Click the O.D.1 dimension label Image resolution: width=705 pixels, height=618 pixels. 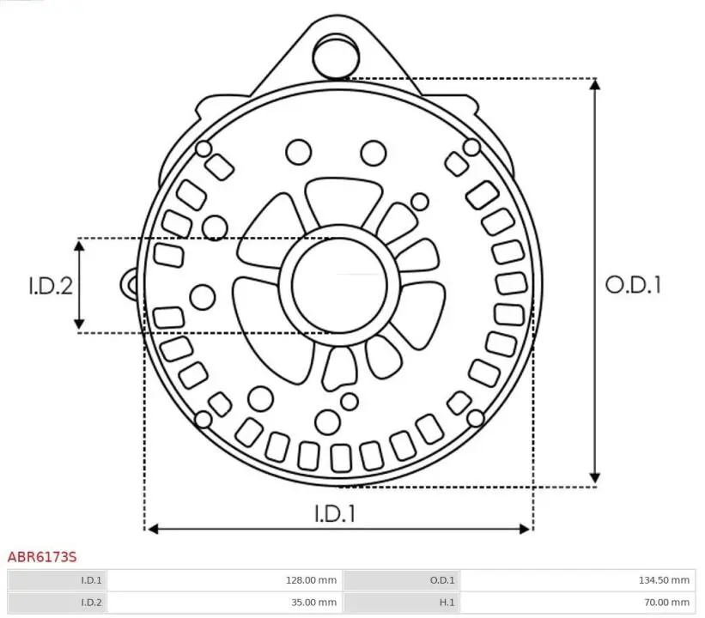[x=633, y=285]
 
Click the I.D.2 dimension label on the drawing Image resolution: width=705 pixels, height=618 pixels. [x=51, y=286]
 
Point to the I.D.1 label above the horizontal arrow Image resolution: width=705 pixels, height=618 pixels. [x=335, y=513]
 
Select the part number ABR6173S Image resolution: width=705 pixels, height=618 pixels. [x=42, y=557]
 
